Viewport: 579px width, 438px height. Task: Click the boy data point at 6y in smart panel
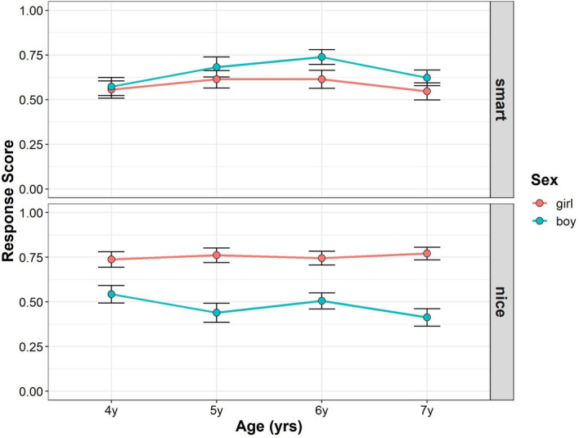coord(321,57)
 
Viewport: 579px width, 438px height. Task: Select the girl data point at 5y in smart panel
coord(216,79)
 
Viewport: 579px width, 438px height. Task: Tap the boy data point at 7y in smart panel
coord(427,78)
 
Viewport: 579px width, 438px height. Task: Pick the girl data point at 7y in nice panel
coord(427,254)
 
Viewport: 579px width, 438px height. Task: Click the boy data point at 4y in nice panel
coord(111,294)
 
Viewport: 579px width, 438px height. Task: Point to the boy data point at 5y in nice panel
coord(216,313)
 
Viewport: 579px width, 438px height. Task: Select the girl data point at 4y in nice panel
coord(111,260)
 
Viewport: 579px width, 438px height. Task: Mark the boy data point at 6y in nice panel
coord(321,300)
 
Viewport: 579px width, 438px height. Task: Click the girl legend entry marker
coord(540,201)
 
